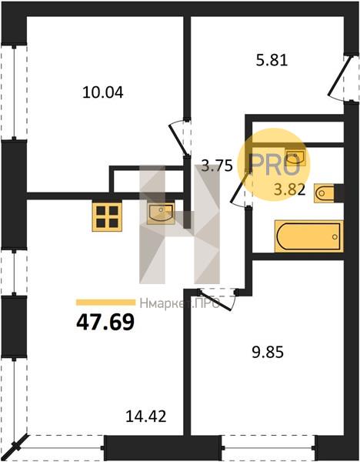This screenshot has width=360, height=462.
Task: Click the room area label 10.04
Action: pos(103,92)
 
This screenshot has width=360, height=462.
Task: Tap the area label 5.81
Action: pos(272,61)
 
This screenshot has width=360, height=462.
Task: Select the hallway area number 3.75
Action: pos(217,166)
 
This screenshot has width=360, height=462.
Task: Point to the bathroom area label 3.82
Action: pos(290,190)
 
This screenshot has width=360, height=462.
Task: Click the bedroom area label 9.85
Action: pos(268,352)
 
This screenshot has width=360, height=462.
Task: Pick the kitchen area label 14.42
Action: pos(146,416)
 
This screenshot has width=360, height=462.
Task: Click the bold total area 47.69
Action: pos(105,321)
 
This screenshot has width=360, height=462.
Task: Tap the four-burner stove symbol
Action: pos(107,217)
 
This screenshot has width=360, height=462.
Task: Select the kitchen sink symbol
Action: pos(161,213)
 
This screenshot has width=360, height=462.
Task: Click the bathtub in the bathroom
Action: pos(308,236)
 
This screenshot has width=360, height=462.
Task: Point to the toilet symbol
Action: pos(325,193)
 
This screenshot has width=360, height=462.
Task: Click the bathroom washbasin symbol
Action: pos(295,157)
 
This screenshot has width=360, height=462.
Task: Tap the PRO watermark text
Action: pos(275,165)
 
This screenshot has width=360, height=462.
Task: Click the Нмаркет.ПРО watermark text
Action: pos(179,303)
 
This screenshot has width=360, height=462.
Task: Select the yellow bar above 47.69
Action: pos(105,303)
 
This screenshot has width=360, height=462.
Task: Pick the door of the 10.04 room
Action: pos(178,139)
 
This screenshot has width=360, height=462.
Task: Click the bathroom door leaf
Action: pos(241,186)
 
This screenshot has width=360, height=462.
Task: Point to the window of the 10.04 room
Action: pos(14,92)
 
